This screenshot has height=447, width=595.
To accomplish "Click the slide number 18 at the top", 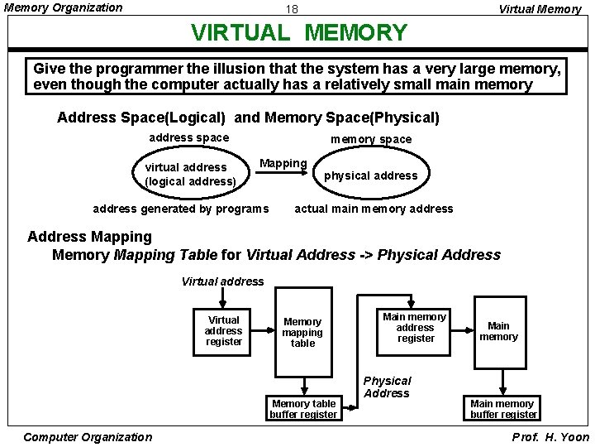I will point(292,10).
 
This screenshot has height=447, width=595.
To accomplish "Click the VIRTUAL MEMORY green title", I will point(299,33).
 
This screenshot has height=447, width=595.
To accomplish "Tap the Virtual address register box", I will point(224,331).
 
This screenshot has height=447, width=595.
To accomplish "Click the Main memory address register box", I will point(415,327).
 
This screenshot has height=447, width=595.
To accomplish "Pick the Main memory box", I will point(498,331).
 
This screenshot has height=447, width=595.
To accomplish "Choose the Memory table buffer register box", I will point(303,409).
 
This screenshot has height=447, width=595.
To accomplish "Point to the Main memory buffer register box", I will point(503,409).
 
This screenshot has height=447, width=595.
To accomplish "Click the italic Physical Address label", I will point(387,387).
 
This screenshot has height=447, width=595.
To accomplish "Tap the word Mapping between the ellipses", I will point(283,163).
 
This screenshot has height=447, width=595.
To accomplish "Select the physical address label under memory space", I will point(370,175).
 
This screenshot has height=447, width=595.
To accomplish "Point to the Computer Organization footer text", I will point(88,437).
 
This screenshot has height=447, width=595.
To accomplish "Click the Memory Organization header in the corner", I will point(64,8).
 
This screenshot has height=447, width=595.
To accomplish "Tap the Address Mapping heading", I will point(89,238).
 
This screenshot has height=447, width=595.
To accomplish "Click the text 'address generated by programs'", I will point(181,209).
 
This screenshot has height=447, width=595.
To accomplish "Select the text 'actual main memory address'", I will point(374,209).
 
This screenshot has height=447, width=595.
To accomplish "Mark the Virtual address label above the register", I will point(222,281).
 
